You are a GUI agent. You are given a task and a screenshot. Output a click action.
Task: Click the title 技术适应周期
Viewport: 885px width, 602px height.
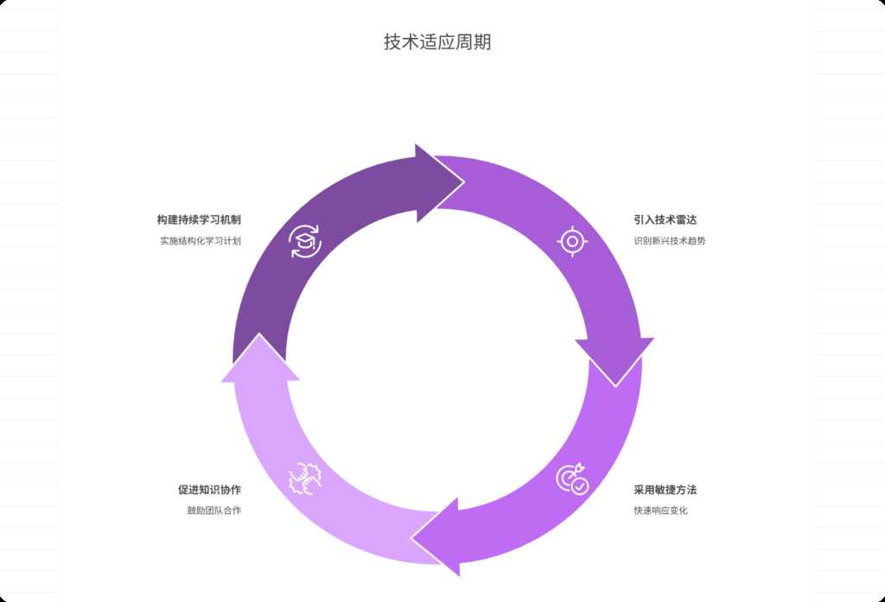point(437,42)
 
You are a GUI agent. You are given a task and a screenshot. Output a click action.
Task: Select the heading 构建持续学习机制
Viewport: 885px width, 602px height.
point(199,220)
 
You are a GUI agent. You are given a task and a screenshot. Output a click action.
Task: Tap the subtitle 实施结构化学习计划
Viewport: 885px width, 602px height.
point(200,241)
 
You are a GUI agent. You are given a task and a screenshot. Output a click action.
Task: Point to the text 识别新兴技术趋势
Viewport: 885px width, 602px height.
point(669,241)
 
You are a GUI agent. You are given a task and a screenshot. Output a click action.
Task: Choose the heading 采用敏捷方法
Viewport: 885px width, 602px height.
point(665,490)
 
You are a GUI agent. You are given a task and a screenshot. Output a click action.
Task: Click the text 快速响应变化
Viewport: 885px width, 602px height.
point(660,510)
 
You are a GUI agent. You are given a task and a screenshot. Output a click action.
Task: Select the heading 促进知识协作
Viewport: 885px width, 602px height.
point(209,490)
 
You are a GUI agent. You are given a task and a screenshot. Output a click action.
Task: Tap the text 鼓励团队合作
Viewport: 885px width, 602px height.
point(213,510)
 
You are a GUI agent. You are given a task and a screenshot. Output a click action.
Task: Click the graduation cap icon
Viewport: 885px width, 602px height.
point(304,241)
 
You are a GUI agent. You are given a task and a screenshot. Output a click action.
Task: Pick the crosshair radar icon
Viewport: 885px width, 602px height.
point(572,241)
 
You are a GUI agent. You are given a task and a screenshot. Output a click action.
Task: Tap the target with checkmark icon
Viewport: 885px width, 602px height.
point(572,479)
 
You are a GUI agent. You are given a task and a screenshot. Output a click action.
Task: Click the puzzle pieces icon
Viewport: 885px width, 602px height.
point(304,478)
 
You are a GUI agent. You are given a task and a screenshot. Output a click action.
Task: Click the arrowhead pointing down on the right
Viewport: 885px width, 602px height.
point(614,359)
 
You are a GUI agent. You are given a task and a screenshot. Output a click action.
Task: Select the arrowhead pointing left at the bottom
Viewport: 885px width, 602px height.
point(437,536)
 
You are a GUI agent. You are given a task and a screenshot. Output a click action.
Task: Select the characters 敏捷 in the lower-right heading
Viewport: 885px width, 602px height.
point(665,490)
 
